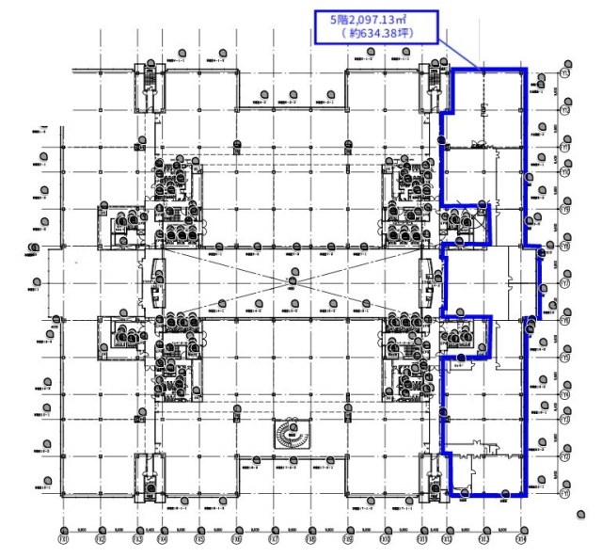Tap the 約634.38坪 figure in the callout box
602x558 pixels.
pos(379,35)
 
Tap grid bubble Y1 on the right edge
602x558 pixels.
pos(565,493)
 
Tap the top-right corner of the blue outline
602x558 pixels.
pos(526,70)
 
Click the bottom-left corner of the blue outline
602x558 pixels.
pos(449,494)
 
